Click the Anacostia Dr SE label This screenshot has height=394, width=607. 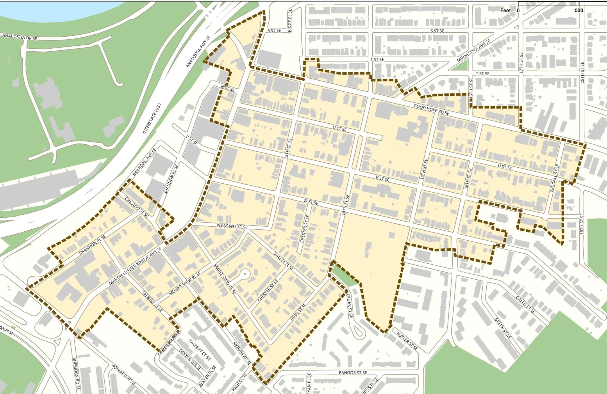[20, 37]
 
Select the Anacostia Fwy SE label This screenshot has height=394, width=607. [198, 52]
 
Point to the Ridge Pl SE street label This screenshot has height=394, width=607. [290, 20]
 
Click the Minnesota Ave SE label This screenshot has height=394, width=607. [474, 51]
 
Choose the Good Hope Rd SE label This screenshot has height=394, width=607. [431, 109]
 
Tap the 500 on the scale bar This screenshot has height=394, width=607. [579, 10]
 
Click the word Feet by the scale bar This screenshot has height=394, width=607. [506, 10]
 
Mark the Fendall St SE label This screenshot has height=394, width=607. [555, 178]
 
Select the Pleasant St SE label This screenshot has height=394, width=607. [232, 226]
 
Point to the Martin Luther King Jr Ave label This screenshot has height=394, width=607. [135, 266]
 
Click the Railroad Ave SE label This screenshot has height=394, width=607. [144, 162]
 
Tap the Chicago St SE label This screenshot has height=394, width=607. [137, 207]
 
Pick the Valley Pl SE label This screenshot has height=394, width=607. [284, 261]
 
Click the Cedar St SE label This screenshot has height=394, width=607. [349, 306]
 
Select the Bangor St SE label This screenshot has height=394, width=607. [353, 372]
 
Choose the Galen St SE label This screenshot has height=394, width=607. [525, 304]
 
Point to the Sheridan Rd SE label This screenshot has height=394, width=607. [76, 374]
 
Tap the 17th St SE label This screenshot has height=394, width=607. [521, 63]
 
